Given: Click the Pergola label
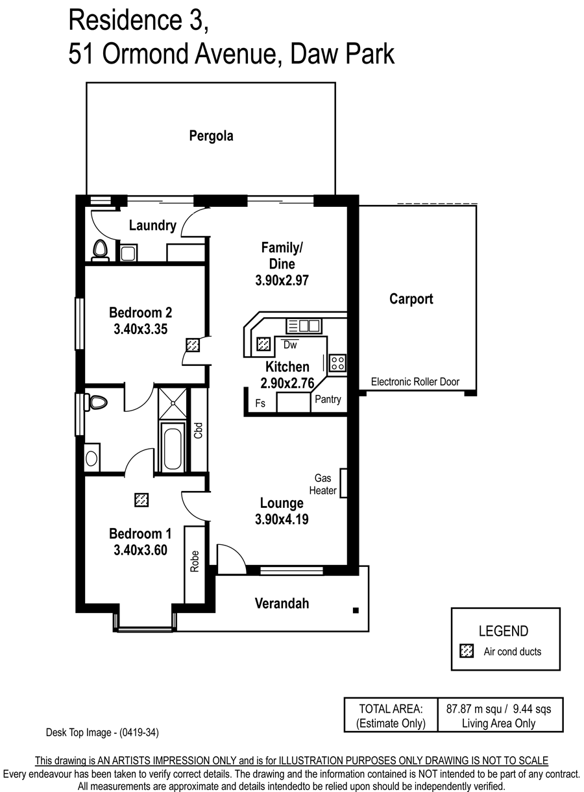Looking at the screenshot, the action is click(211, 136).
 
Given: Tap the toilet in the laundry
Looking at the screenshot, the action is click(100, 250).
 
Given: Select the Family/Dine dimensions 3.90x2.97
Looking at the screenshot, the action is click(282, 280).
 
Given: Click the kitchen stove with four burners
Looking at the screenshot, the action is click(337, 363).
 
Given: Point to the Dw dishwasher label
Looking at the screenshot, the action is click(290, 344).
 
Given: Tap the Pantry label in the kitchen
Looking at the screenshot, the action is click(328, 399).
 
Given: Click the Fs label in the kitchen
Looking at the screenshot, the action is click(260, 403).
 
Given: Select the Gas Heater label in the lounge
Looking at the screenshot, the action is click(322, 485).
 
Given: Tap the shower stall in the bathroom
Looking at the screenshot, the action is click(172, 403).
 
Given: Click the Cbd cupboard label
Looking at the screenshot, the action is click(198, 430).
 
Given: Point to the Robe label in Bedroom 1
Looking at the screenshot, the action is click(195, 561).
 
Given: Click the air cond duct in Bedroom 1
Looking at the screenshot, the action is click(141, 500).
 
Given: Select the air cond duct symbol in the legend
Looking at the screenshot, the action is click(467, 651).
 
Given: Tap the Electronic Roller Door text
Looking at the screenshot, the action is click(415, 382).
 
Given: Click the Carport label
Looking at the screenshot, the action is click(411, 299).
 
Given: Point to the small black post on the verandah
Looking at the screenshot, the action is click(356, 610).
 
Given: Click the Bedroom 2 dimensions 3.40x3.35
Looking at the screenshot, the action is click(140, 329).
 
